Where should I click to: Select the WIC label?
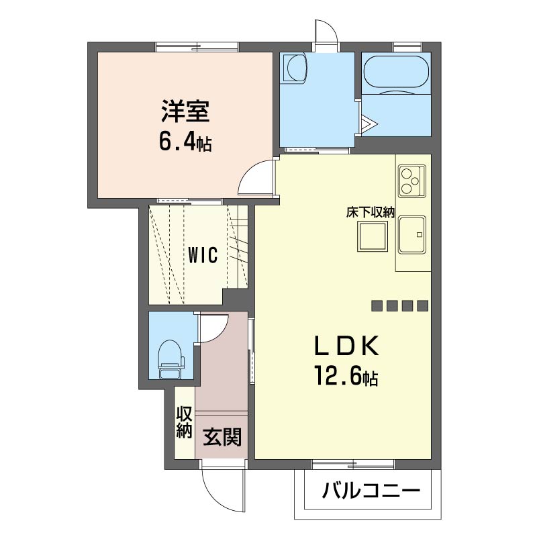pyautogui.click(x=202, y=256)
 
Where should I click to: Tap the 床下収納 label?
pyautogui.click(x=370, y=212)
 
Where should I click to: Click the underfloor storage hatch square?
pyautogui.click(x=371, y=236)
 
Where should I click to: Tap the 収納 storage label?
pyautogui.click(x=185, y=422)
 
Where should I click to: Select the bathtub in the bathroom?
pyautogui.click(x=395, y=73)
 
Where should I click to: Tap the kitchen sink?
pyautogui.click(x=413, y=235)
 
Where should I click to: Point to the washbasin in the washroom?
pyautogui.click(x=294, y=67)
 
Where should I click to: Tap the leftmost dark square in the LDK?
pyautogui.click(x=377, y=306)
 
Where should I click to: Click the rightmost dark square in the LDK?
pyautogui.click(x=422, y=306)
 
